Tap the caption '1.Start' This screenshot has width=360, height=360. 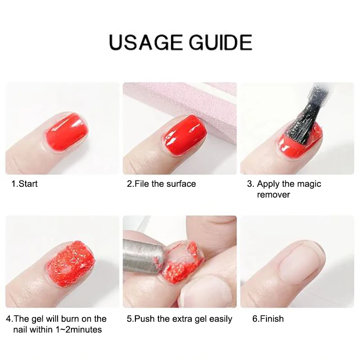pyautogui.click(x=25, y=184)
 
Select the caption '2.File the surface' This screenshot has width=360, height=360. pyautogui.click(x=162, y=184)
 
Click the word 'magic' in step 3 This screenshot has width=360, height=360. pyautogui.click(x=309, y=184)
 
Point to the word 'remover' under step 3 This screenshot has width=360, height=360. pyautogui.click(x=274, y=194)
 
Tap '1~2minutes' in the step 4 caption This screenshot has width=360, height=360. pyautogui.click(x=80, y=329)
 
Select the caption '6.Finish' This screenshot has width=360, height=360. pyautogui.click(x=268, y=319)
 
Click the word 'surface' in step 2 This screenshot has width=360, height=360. pyautogui.click(x=181, y=184)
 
